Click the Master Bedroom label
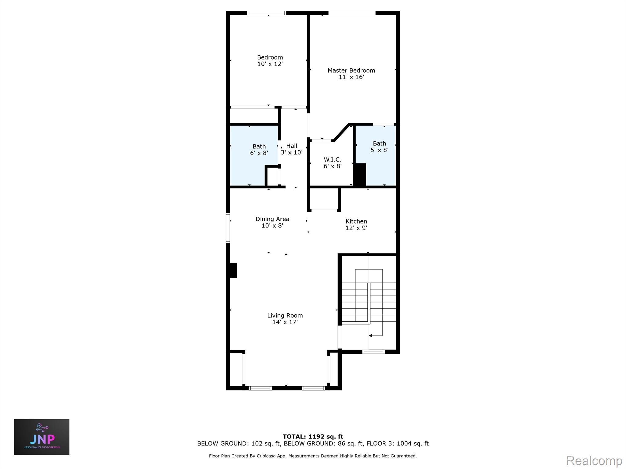[x=351, y=71]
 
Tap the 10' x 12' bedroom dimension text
[x=270, y=64]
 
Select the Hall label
[x=292, y=146]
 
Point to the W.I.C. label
[x=333, y=160]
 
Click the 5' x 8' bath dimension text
[x=379, y=150]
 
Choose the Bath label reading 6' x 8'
[x=259, y=147]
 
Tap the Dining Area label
[x=272, y=219]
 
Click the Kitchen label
[x=356, y=221]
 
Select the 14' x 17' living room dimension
[x=285, y=322]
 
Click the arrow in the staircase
[x=370, y=336]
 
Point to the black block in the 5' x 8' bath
[x=360, y=175]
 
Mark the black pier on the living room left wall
[x=233, y=270]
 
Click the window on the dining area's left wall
[x=228, y=228]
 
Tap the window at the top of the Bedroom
[x=267, y=13]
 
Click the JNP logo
[x=42, y=437]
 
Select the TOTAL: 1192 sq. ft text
[x=313, y=437]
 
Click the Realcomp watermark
[x=594, y=460]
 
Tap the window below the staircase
[x=373, y=352]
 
